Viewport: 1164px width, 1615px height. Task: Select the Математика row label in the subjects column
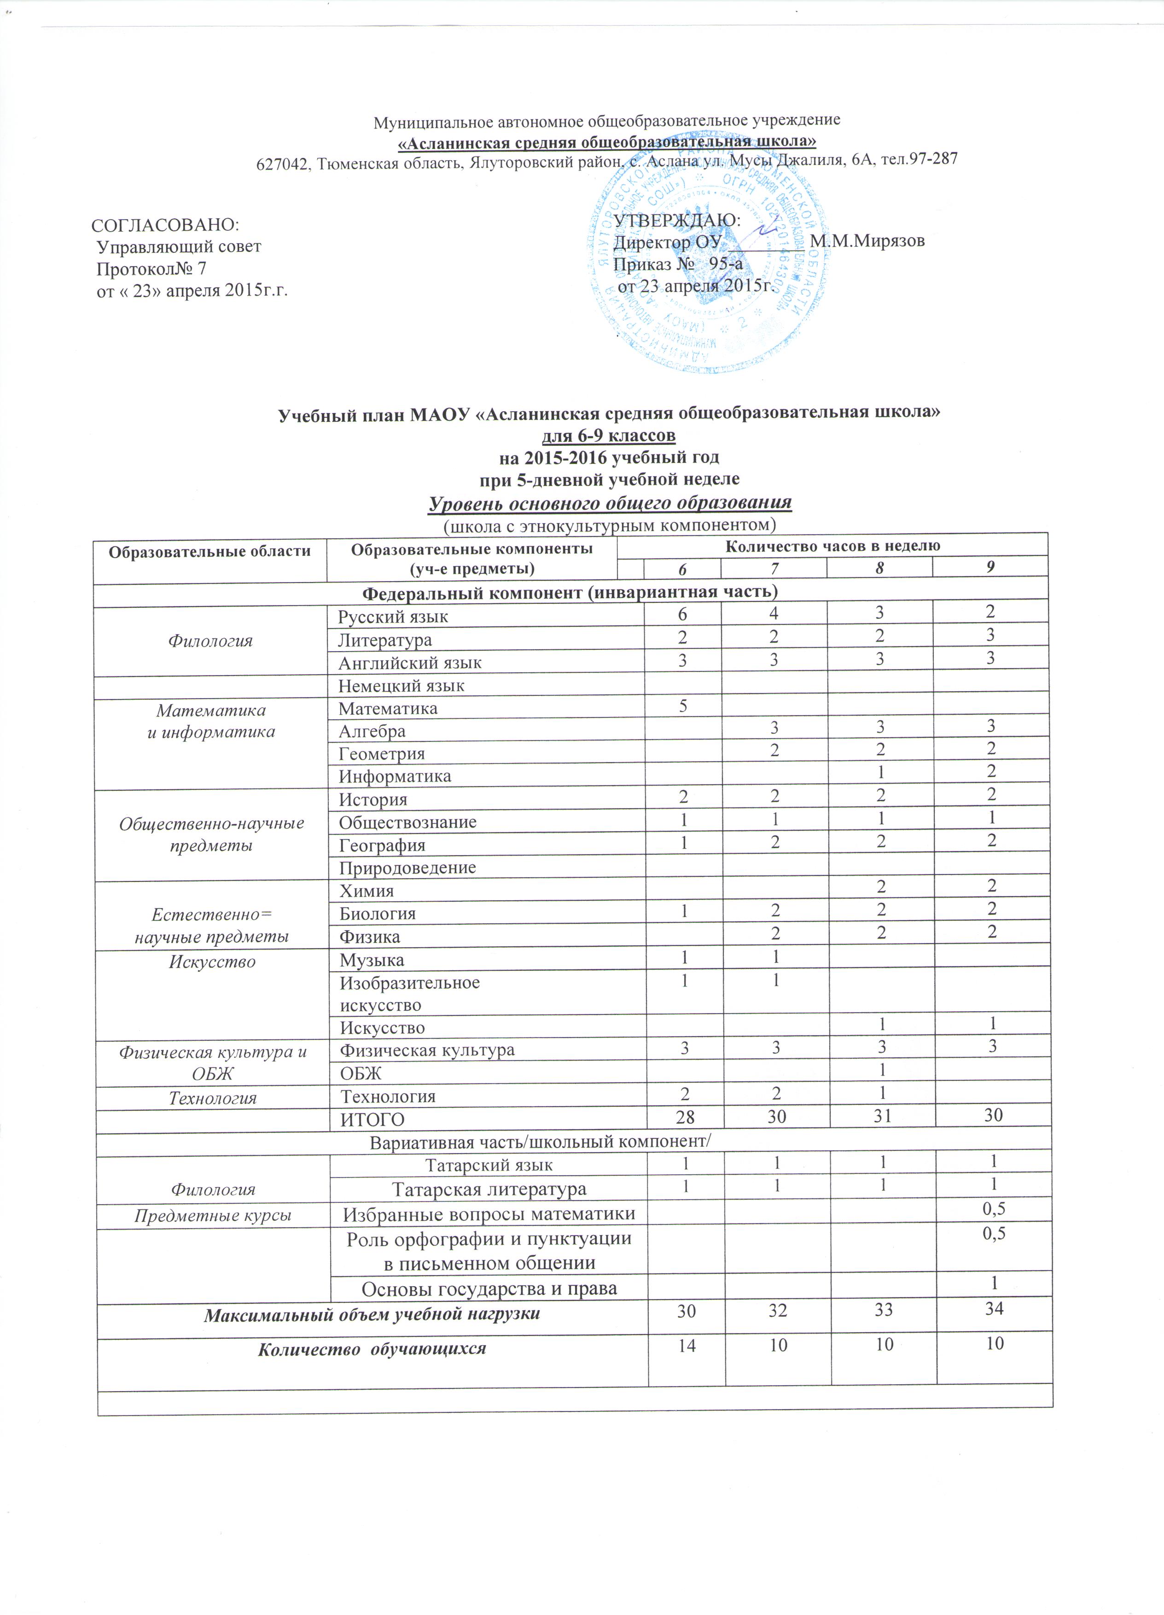point(388,709)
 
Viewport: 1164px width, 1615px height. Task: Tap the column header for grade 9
point(989,567)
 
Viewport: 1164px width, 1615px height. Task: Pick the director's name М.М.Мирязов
point(867,241)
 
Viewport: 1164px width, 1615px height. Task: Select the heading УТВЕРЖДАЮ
point(677,220)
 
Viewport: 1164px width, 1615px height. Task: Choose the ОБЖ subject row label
point(361,1073)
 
